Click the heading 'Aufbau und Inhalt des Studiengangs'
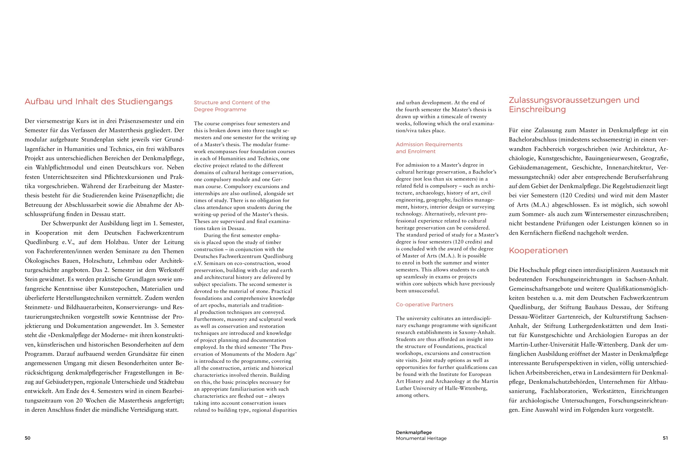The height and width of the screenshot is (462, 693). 98,102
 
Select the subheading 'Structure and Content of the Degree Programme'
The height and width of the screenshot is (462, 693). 231,106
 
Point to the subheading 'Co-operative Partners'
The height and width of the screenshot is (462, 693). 424,304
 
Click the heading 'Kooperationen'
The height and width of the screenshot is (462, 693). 538,250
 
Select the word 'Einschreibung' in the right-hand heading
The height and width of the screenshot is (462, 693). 537,109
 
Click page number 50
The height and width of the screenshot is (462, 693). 27,438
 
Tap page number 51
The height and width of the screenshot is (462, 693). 665,438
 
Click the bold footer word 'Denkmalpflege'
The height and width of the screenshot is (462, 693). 414,432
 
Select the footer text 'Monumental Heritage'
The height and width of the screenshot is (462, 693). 421,438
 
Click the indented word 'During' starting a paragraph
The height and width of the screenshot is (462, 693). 212,235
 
